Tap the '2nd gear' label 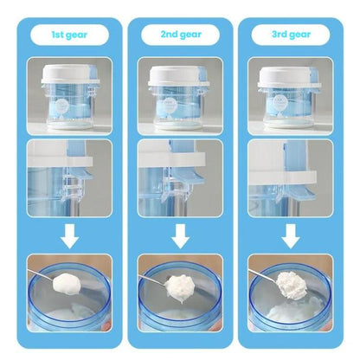coord(179,35)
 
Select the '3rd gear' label coord(291,35)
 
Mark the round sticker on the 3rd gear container coord(286,108)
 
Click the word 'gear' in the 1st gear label coord(80,35)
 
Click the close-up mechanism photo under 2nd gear coord(179,178)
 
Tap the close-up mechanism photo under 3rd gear coord(291,178)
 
